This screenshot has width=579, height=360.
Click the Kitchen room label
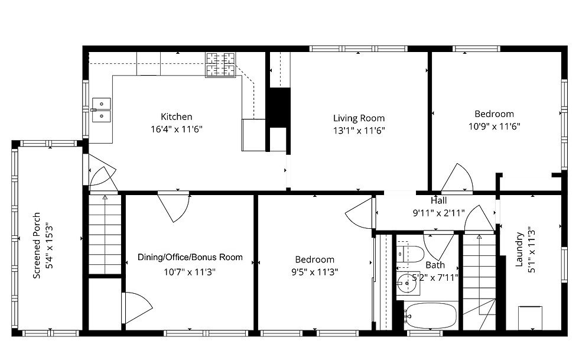click(177, 117)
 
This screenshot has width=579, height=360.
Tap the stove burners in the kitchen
click(220, 65)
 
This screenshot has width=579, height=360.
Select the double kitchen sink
click(101, 110)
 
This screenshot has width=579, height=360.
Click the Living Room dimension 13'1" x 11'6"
click(359, 131)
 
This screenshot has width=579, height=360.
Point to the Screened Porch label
click(37, 245)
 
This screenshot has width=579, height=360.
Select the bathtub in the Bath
click(430, 316)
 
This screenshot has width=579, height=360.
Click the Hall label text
click(438, 201)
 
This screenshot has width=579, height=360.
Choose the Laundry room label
click(519, 249)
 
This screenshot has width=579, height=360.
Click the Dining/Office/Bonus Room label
click(190, 257)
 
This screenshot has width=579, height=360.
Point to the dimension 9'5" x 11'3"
click(314, 272)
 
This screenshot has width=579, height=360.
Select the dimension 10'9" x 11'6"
click(495, 127)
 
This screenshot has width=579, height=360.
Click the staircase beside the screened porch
click(105, 234)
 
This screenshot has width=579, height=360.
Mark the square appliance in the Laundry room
click(531, 317)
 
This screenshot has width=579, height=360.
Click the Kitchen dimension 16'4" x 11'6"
click(177, 129)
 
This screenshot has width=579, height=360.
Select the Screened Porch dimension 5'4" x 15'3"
click(49, 245)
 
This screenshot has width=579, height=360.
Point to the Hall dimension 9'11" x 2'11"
click(438, 213)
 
